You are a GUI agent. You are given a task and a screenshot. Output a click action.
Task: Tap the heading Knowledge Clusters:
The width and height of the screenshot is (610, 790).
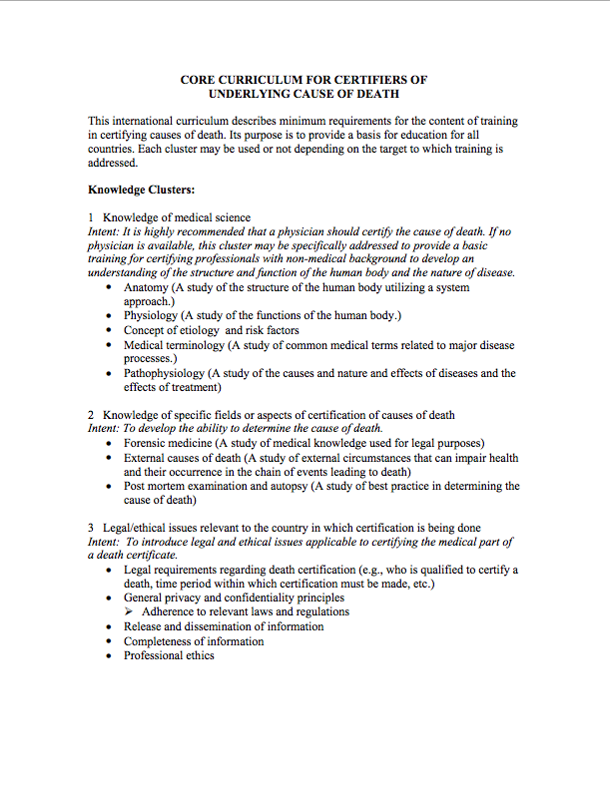[x=141, y=189]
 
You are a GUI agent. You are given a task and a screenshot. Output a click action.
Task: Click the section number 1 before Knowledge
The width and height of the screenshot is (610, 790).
[x=91, y=217]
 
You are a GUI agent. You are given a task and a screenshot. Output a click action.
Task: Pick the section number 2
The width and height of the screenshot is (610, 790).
[x=91, y=414]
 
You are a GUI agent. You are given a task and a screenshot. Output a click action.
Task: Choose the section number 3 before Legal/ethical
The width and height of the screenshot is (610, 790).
[x=91, y=527]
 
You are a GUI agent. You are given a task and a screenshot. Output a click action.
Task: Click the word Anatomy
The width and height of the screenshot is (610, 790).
[x=147, y=287]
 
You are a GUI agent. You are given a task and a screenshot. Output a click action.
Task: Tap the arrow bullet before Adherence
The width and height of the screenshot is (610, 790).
[x=130, y=611]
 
